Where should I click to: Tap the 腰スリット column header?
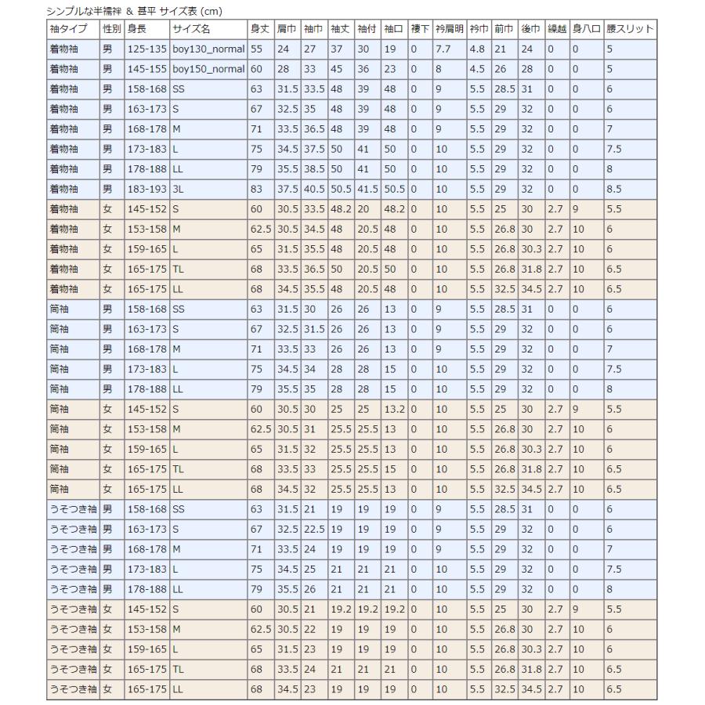(630, 29)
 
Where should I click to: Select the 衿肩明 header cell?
(449, 29)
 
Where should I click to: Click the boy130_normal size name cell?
(208, 49)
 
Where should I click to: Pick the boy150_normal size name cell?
(208, 69)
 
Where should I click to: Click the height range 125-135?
(146, 49)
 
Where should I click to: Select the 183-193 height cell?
(146, 189)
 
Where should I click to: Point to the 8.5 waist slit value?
(616, 189)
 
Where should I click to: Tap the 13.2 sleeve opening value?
(394, 410)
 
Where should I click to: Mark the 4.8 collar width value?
(477, 49)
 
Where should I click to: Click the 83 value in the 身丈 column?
(256, 189)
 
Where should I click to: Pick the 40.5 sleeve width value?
(315, 189)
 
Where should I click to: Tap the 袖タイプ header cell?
(73, 29)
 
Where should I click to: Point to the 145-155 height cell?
(146, 69)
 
